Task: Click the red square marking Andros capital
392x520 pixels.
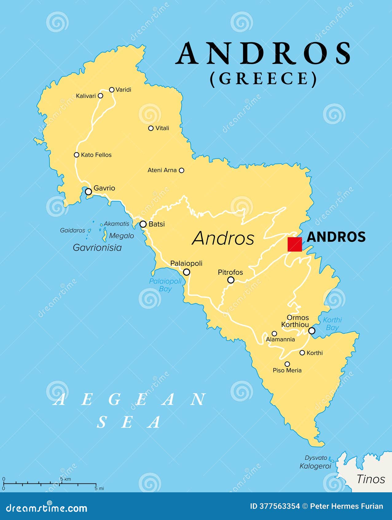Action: [295, 244]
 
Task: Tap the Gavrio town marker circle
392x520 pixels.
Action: [88, 192]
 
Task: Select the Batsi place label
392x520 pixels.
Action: [157, 224]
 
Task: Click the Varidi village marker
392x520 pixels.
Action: [112, 90]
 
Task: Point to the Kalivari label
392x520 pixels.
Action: [86, 96]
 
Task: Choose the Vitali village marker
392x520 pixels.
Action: [151, 128]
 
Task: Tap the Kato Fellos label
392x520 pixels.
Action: [96, 155]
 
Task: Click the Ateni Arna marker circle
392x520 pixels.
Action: [182, 170]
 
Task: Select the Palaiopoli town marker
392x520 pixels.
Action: [186, 272]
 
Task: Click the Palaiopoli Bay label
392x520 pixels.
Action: [165, 285]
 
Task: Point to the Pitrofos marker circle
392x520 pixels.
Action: [231, 280]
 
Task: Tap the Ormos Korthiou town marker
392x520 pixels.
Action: [312, 331]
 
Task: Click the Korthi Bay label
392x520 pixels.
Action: [332, 324]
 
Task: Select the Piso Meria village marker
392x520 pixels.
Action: [287, 364]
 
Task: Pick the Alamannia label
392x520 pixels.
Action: [280, 339]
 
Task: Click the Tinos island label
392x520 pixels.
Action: [370, 479]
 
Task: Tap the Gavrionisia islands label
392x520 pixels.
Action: [97, 247]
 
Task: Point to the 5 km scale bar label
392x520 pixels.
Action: [65, 479]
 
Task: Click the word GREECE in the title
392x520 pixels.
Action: [263, 79]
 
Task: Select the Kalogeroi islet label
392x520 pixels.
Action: [315, 466]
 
